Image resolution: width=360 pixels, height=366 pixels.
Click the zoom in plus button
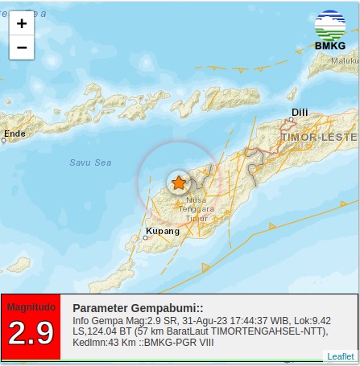[22, 23]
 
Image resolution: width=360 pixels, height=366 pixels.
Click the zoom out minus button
[22, 47]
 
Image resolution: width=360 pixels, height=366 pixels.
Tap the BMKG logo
[329, 30]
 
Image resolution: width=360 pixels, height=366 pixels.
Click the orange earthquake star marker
[178, 183]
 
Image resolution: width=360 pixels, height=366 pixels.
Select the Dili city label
[300, 114]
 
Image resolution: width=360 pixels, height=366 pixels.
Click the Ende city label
[14, 134]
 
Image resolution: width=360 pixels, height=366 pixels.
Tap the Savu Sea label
[90, 162]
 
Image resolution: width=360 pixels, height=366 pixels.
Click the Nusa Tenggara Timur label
[197, 208]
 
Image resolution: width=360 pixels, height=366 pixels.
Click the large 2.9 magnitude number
[31, 332]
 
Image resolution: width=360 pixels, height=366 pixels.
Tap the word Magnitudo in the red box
[31, 306]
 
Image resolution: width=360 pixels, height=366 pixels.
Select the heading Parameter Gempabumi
[138, 308]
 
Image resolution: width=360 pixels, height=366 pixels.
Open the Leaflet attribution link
[341, 356]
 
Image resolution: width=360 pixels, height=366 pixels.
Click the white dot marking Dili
[292, 123]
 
